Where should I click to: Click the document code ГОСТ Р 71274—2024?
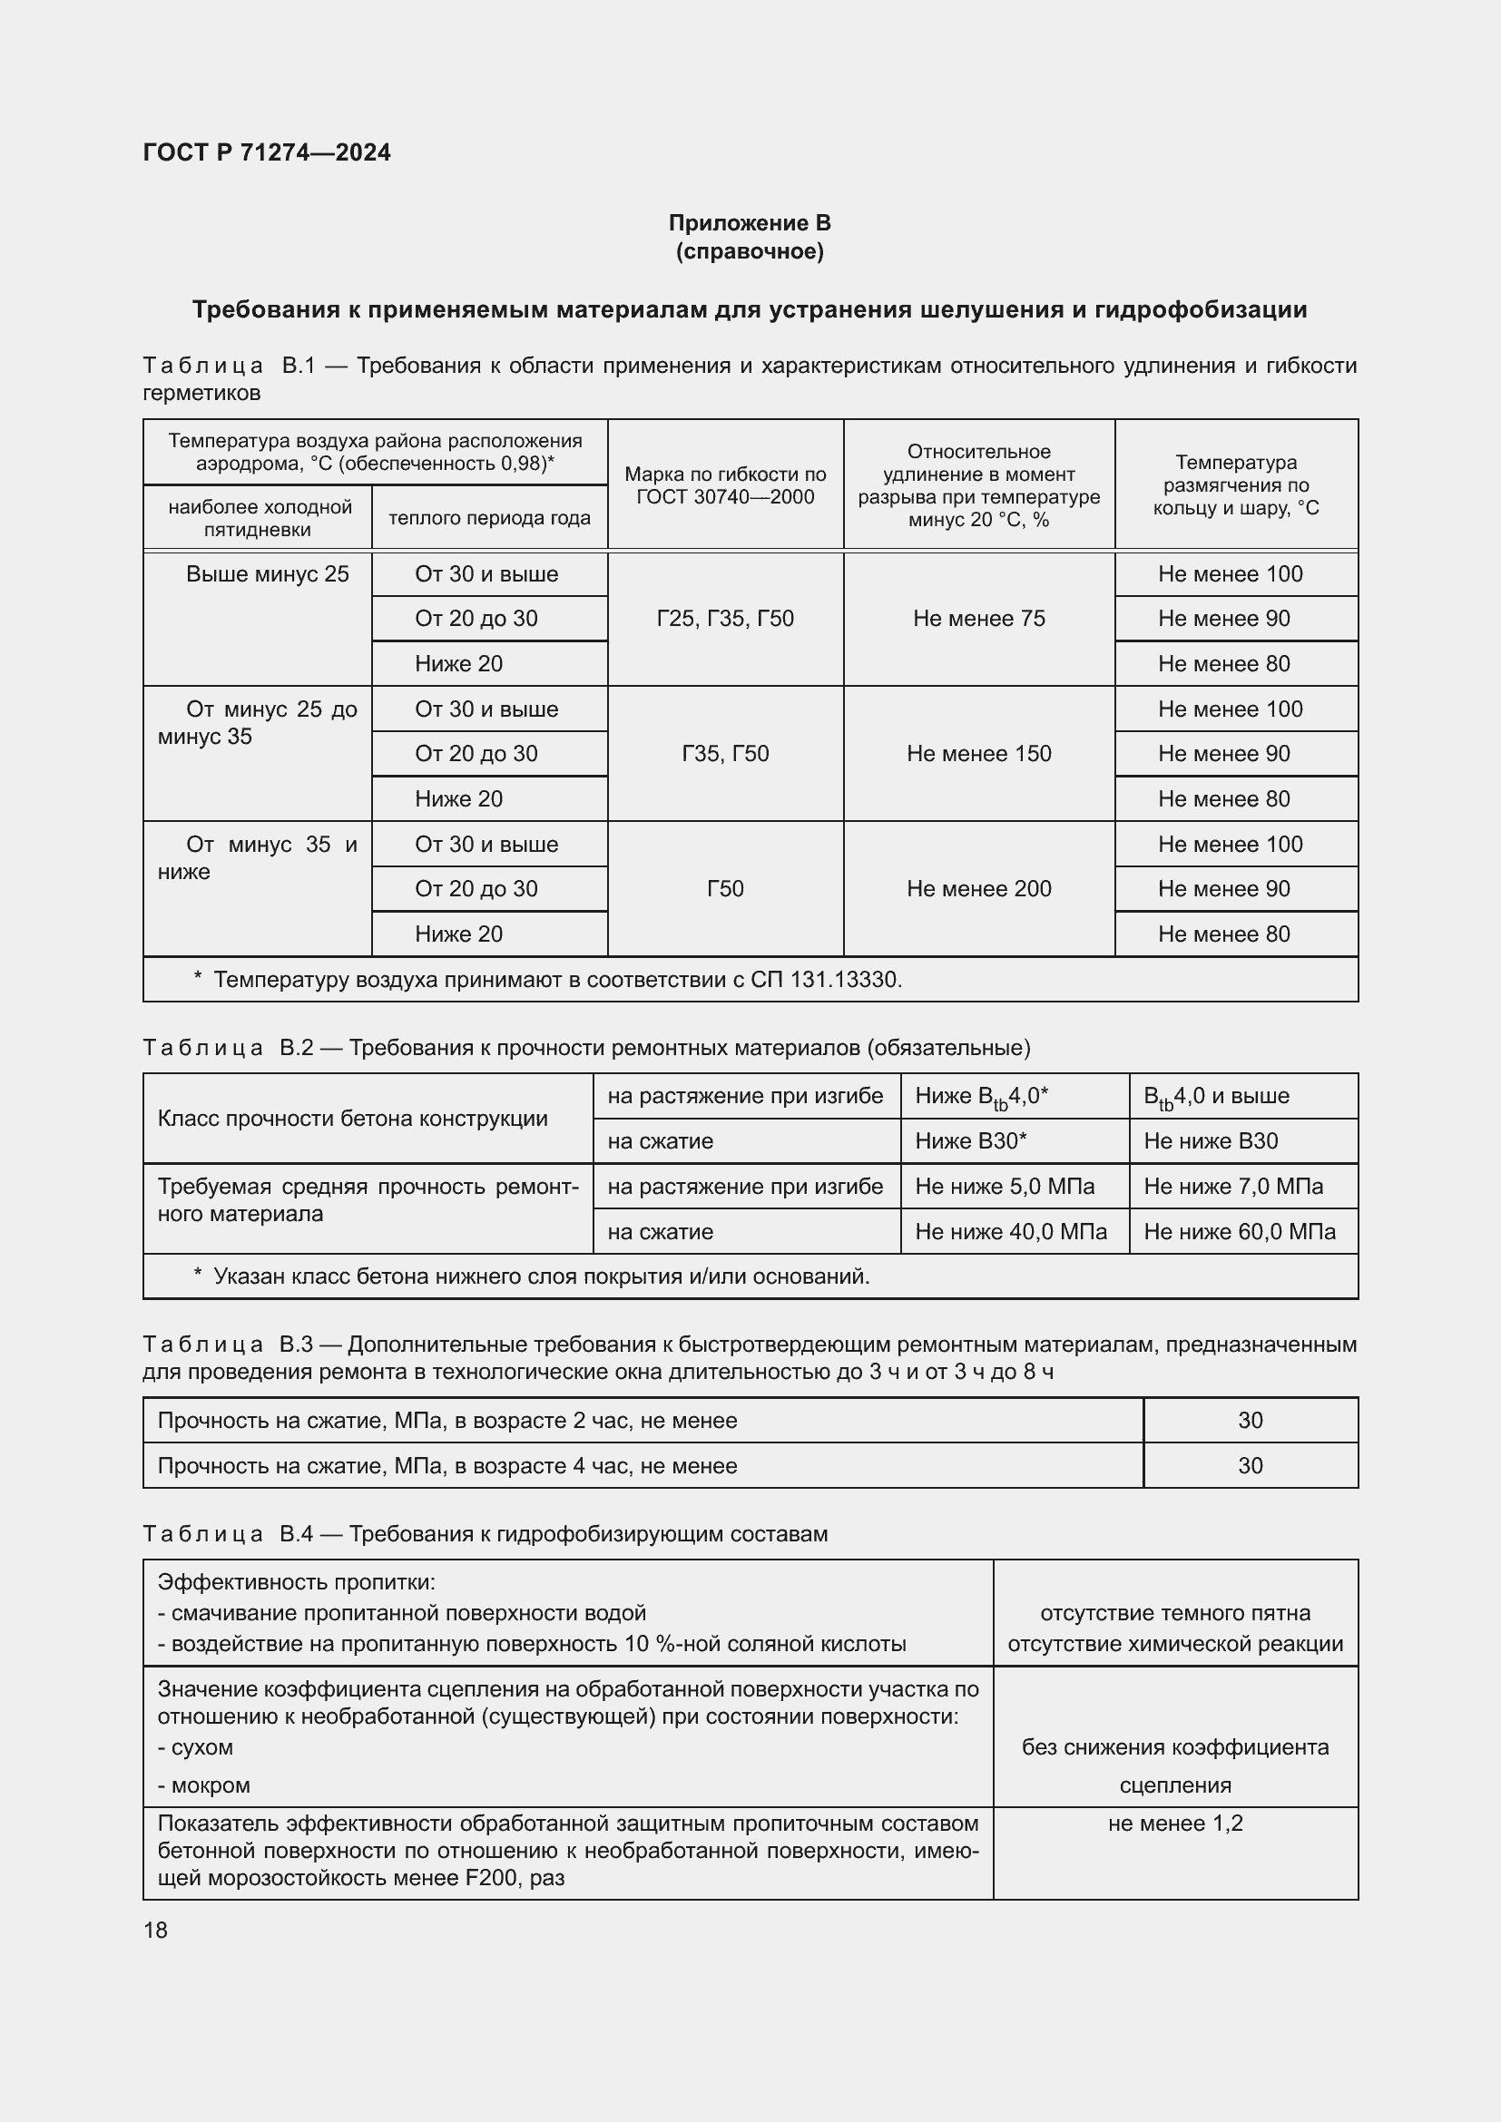pyautogui.click(x=266, y=152)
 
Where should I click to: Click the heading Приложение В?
pyautogui.click(x=749, y=223)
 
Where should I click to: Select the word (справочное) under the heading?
pyautogui.click(x=749, y=251)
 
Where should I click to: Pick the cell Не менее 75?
pyautogui.click(x=978, y=619)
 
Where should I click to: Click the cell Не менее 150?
pyautogui.click(x=978, y=753)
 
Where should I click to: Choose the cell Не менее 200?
pyautogui.click(x=978, y=888)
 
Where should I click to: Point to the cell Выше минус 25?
pyautogui.click(x=267, y=574)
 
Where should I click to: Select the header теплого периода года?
pyautogui.click(x=489, y=517)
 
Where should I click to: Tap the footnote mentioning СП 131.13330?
pyautogui.click(x=557, y=979)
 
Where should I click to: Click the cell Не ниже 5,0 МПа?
pyautogui.click(x=1004, y=1186)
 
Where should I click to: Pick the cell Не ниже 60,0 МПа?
pyautogui.click(x=1239, y=1231)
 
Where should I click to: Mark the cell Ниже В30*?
pyautogui.click(x=970, y=1140)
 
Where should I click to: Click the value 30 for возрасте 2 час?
pyautogui.click(x=1250, y=1421)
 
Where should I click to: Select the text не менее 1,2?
pyautogui.click(x=1174, y=1824)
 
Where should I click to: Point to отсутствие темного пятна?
pyautogui.click(x=1174, y=1613)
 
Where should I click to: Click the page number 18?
pyautogui.click(x=155, y=1930)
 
